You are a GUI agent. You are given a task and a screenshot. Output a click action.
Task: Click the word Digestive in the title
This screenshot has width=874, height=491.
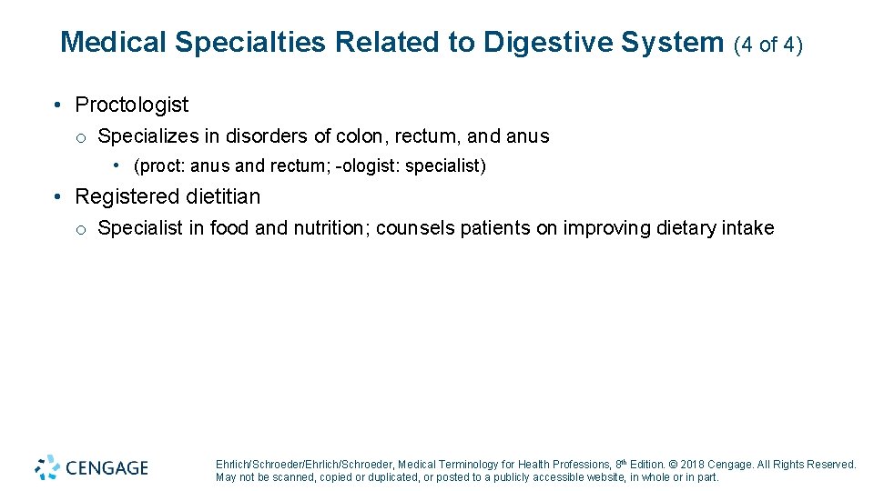pos(539,43)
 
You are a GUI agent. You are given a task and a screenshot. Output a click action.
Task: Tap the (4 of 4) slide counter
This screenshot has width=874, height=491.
pos(767,44)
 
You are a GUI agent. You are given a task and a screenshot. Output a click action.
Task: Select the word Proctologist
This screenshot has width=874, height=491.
pos(132,105)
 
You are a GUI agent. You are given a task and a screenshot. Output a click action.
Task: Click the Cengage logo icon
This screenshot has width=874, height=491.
pos(47,467)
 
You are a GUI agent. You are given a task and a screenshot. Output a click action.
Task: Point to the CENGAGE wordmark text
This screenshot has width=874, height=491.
pos(107,468)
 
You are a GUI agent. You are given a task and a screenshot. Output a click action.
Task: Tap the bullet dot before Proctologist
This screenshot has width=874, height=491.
pos(57,105)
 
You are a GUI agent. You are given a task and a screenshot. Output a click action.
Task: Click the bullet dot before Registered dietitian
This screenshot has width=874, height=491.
pos(57,196)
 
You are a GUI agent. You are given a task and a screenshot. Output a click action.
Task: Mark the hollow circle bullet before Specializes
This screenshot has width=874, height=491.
pos(81,137)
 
